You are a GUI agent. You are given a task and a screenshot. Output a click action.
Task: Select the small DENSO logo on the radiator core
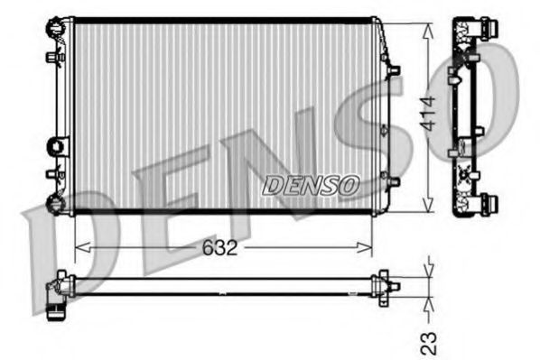[310, 185]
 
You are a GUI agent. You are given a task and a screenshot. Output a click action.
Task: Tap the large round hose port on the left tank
[59, 144]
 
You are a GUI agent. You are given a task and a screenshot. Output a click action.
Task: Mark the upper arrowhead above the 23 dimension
[429, 268]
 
